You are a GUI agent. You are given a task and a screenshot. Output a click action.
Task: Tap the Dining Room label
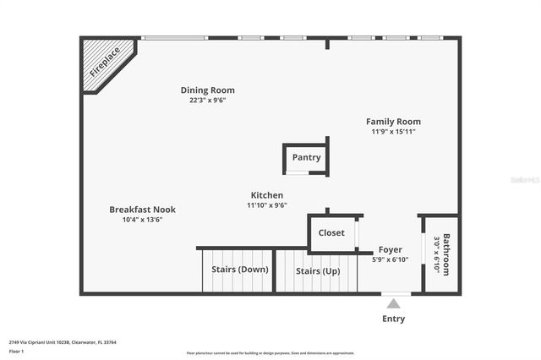tap(207, 90)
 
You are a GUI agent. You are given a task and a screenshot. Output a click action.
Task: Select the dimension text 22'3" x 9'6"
tap(207, 101)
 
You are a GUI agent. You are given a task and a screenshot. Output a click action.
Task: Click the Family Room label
tap(393, 122)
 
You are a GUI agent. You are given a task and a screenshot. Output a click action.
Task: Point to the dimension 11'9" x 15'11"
tap(393, 132)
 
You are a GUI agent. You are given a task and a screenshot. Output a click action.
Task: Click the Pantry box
tap(306, 157)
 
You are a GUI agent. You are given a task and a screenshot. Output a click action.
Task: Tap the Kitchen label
tap(266, 195)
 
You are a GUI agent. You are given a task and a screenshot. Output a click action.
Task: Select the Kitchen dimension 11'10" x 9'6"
tap(266, 205)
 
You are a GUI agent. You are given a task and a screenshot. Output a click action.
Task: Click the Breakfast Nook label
tap(142, 210)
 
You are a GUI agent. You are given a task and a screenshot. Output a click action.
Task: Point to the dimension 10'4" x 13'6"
tap(142, 220)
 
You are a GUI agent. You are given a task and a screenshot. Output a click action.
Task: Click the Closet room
tap(331, 233)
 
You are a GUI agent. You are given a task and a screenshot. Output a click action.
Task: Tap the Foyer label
tap(390, 250)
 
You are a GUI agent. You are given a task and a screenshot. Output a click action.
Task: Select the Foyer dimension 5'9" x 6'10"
tap(390, 260)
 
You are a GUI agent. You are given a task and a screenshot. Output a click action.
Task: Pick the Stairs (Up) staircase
tap(318, 271)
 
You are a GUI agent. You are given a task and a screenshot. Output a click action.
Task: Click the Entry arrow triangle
tap(393, 303)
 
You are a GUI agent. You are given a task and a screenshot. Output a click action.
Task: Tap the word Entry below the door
tap(393, 319)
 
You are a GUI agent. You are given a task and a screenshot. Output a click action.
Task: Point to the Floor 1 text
tap(16, 351)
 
